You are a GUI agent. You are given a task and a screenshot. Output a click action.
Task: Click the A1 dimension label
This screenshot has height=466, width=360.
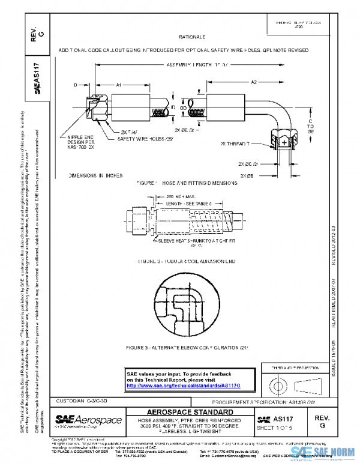coord(119,85)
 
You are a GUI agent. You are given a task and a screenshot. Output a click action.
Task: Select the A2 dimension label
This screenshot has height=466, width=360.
coord(254,81)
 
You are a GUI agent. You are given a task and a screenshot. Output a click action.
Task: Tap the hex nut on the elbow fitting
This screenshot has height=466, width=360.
coord(284,142)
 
